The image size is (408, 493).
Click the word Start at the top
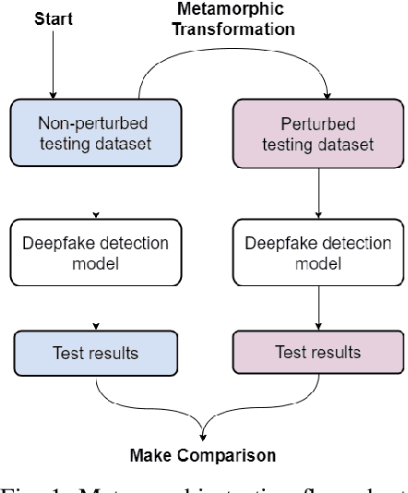pos(53,17)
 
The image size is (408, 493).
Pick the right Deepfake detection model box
pos(318,252)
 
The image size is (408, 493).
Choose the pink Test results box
pos(318,353)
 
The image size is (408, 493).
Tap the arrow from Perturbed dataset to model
pos(318,189)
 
